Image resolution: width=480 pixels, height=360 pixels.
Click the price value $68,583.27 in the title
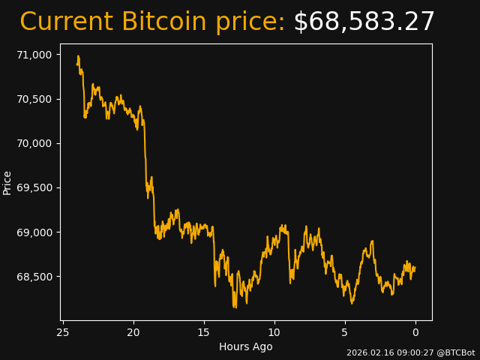click(x=364, y=22)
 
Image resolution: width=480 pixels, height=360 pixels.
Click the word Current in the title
click(x=67, y=22)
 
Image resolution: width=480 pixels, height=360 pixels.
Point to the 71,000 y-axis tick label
click(x=35, y=55)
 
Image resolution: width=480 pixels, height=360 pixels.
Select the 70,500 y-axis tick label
click(x=35, y=99)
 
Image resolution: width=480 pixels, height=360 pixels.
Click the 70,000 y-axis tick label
click(x=35, y=143)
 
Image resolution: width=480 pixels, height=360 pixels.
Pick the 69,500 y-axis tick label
click(x=35, y=187)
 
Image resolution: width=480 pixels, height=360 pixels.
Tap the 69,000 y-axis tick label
click(x=35, y=232)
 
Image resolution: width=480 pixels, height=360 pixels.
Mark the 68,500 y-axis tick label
click(x=35, y=277)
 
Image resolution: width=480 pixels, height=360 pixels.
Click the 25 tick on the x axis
click(x=63, y=332)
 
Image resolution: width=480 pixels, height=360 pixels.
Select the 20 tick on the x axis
click(x=133, y=332)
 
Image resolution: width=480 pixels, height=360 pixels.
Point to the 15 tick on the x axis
click(x=204, y=332)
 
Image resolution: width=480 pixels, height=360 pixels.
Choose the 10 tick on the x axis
click(x=274, y=332)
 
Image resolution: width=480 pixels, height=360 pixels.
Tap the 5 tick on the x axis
click(x=345, y=332)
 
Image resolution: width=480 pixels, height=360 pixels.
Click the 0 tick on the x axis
click(x=415, y=332)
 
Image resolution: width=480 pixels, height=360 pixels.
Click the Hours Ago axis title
click(x=246, y=346)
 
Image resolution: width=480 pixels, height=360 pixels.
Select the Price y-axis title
click(x=7, y=182)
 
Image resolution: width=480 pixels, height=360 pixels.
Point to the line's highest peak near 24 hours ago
click(x=78, y=56)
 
